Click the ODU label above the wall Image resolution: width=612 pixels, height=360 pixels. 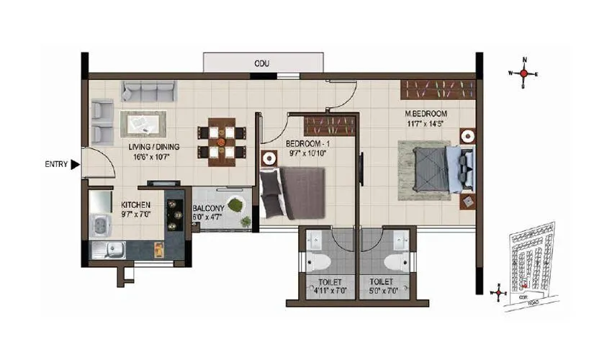(x=261, y=63)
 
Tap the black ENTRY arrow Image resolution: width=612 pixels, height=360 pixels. (x=75, y=165)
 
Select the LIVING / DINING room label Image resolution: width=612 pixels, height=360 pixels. (x=154, y=147)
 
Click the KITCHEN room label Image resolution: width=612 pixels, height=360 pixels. (x=135, y=205)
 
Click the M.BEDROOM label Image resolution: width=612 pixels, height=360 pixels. (x=426, y=114)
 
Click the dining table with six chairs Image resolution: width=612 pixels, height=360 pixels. (x=222, y=141)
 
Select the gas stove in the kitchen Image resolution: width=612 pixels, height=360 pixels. (x=174, y=215)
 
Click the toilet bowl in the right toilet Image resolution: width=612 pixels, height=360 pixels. (x=395, y=258)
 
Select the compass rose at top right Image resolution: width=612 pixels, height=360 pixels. (x=524, y=73)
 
